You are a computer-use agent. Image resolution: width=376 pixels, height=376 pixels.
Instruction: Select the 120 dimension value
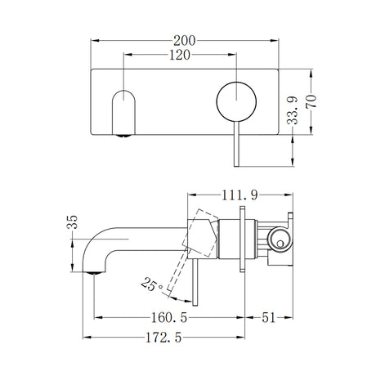(181, 56)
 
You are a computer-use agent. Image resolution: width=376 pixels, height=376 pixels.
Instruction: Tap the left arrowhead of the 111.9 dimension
(192, 195)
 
